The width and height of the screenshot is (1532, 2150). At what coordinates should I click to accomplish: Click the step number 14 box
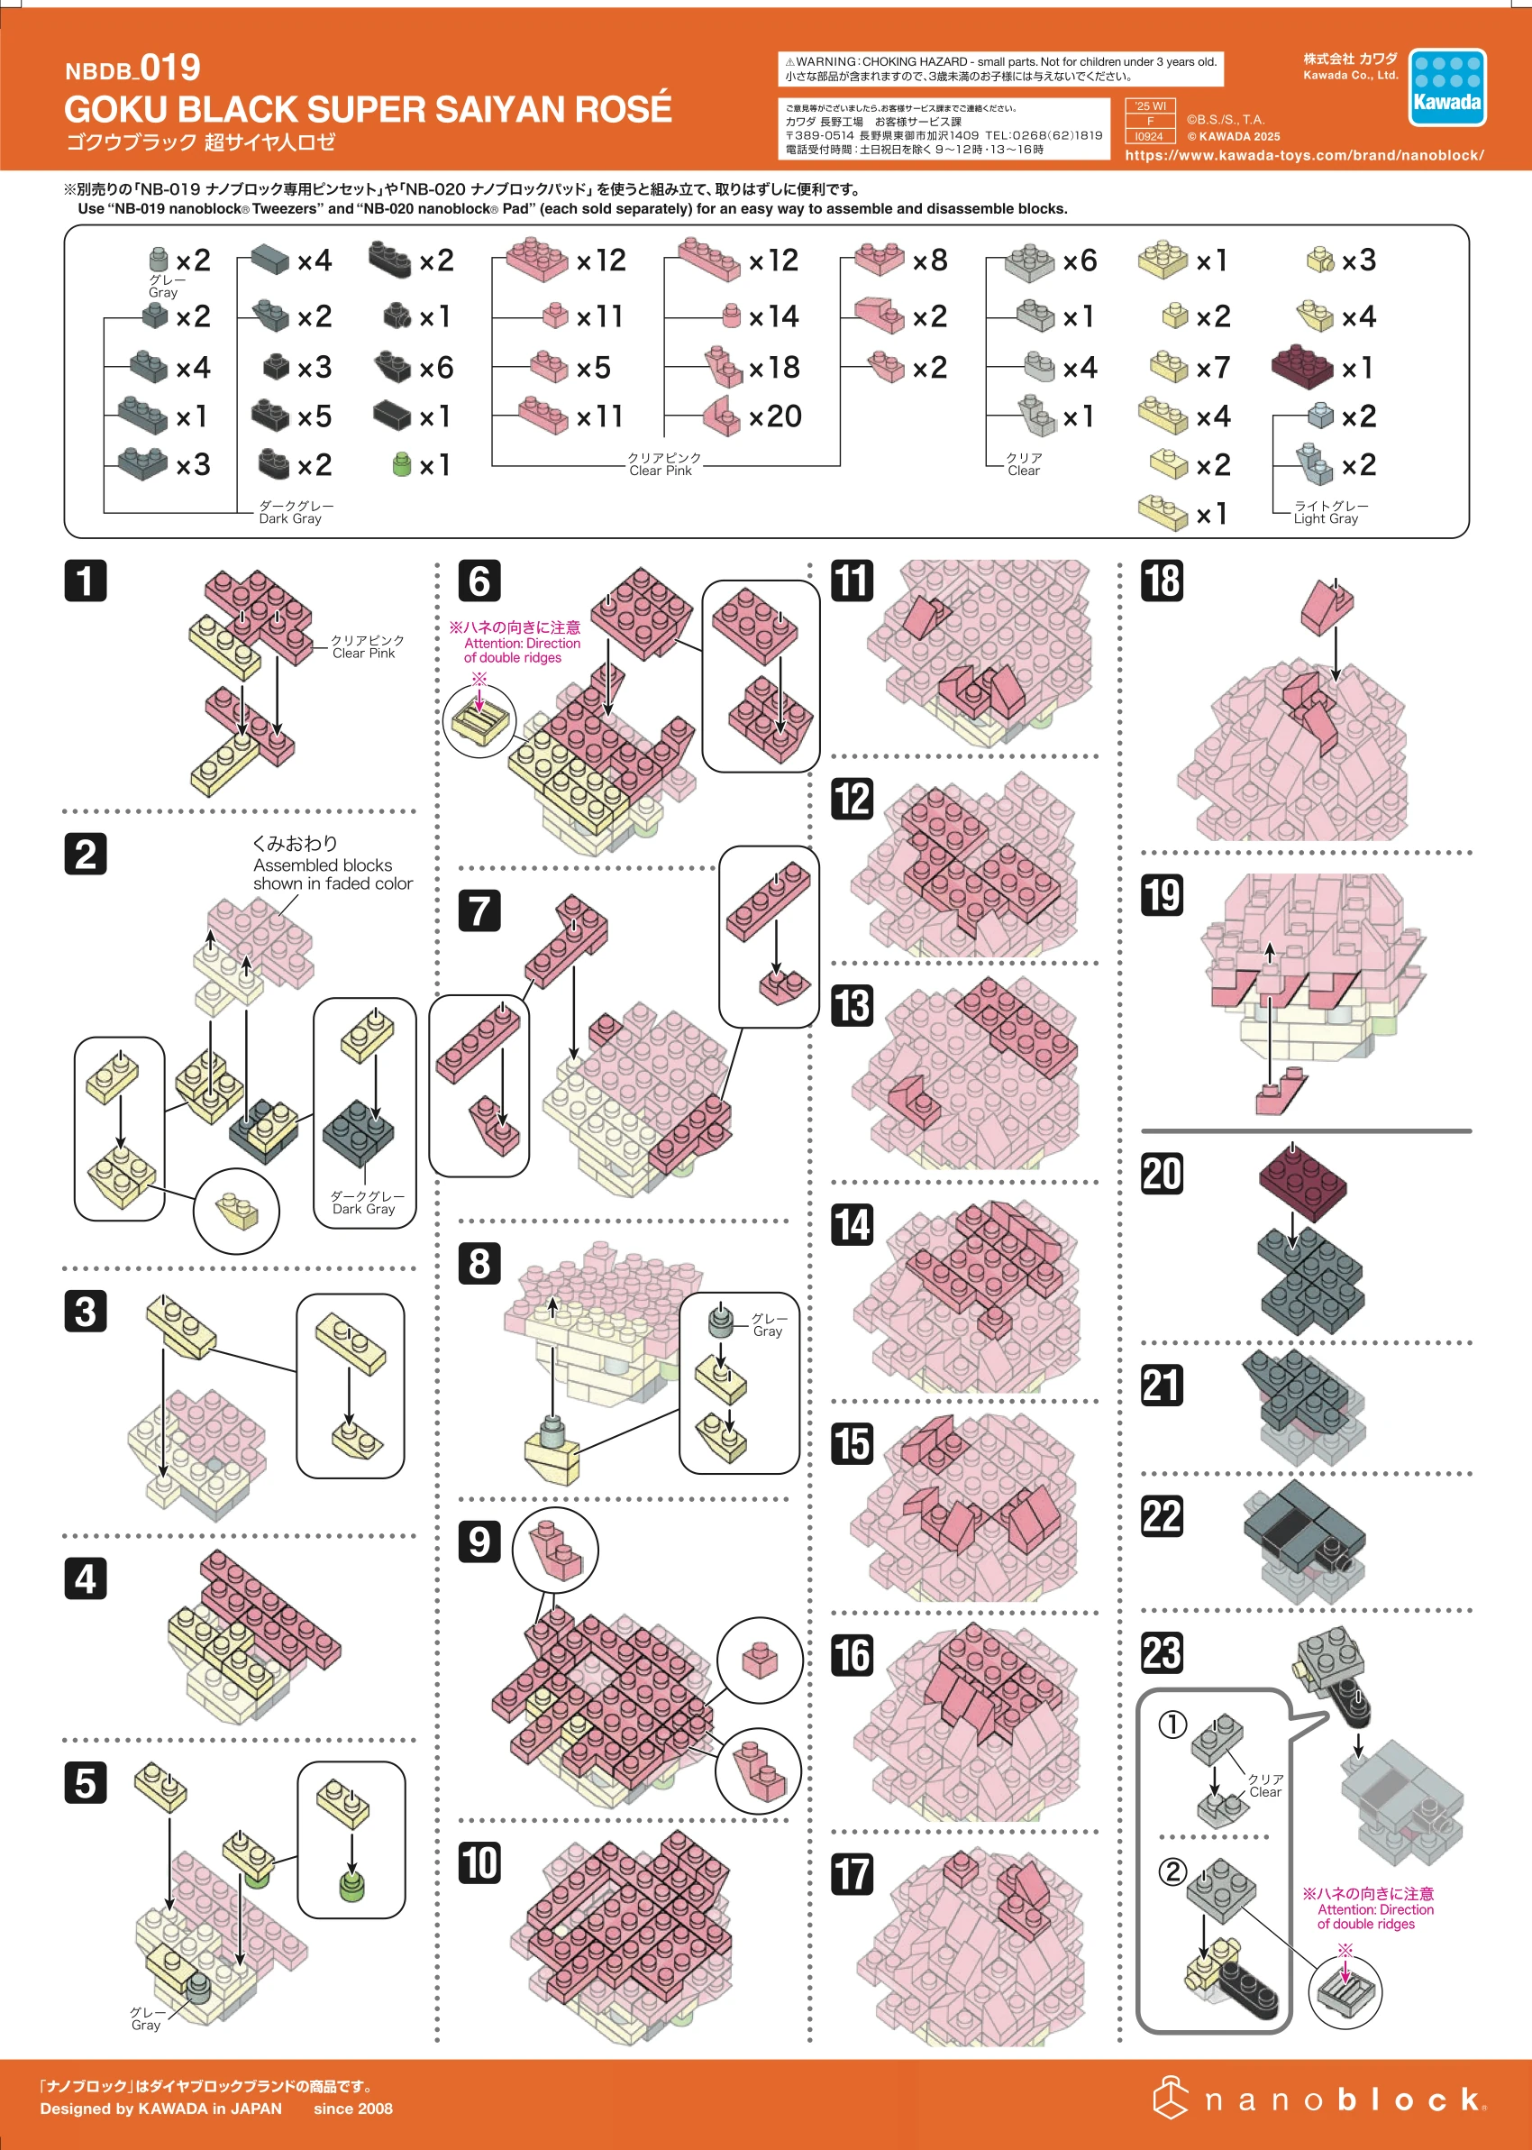(851, 1224)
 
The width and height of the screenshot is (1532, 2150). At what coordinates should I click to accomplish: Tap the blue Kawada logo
(1446, 88)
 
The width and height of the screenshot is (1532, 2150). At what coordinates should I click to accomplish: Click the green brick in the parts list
(402, 464)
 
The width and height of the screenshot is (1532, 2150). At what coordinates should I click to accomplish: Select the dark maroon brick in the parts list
(1302, 366)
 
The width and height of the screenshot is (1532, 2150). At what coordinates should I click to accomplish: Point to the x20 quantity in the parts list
(774, 416)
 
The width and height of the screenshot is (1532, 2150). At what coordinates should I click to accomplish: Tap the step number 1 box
(85, 581)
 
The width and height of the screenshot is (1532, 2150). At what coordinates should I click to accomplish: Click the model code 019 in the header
(169, 68)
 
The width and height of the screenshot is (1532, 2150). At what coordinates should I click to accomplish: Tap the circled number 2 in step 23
(1172, 1871)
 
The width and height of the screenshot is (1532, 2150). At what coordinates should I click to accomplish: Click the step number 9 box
(479, 1542)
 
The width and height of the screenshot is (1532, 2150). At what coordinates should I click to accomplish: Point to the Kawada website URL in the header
(1304, 156)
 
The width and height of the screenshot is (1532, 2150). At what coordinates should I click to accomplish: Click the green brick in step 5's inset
(351, 1887)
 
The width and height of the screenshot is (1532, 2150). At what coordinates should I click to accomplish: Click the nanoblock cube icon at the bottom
(1170, 2098)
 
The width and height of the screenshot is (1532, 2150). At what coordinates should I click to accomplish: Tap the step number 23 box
(1162, 1652)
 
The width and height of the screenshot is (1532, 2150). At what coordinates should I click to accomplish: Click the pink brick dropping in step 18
(1326, 608)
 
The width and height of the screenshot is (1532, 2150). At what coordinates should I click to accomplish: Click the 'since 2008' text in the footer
(353, 2109)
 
